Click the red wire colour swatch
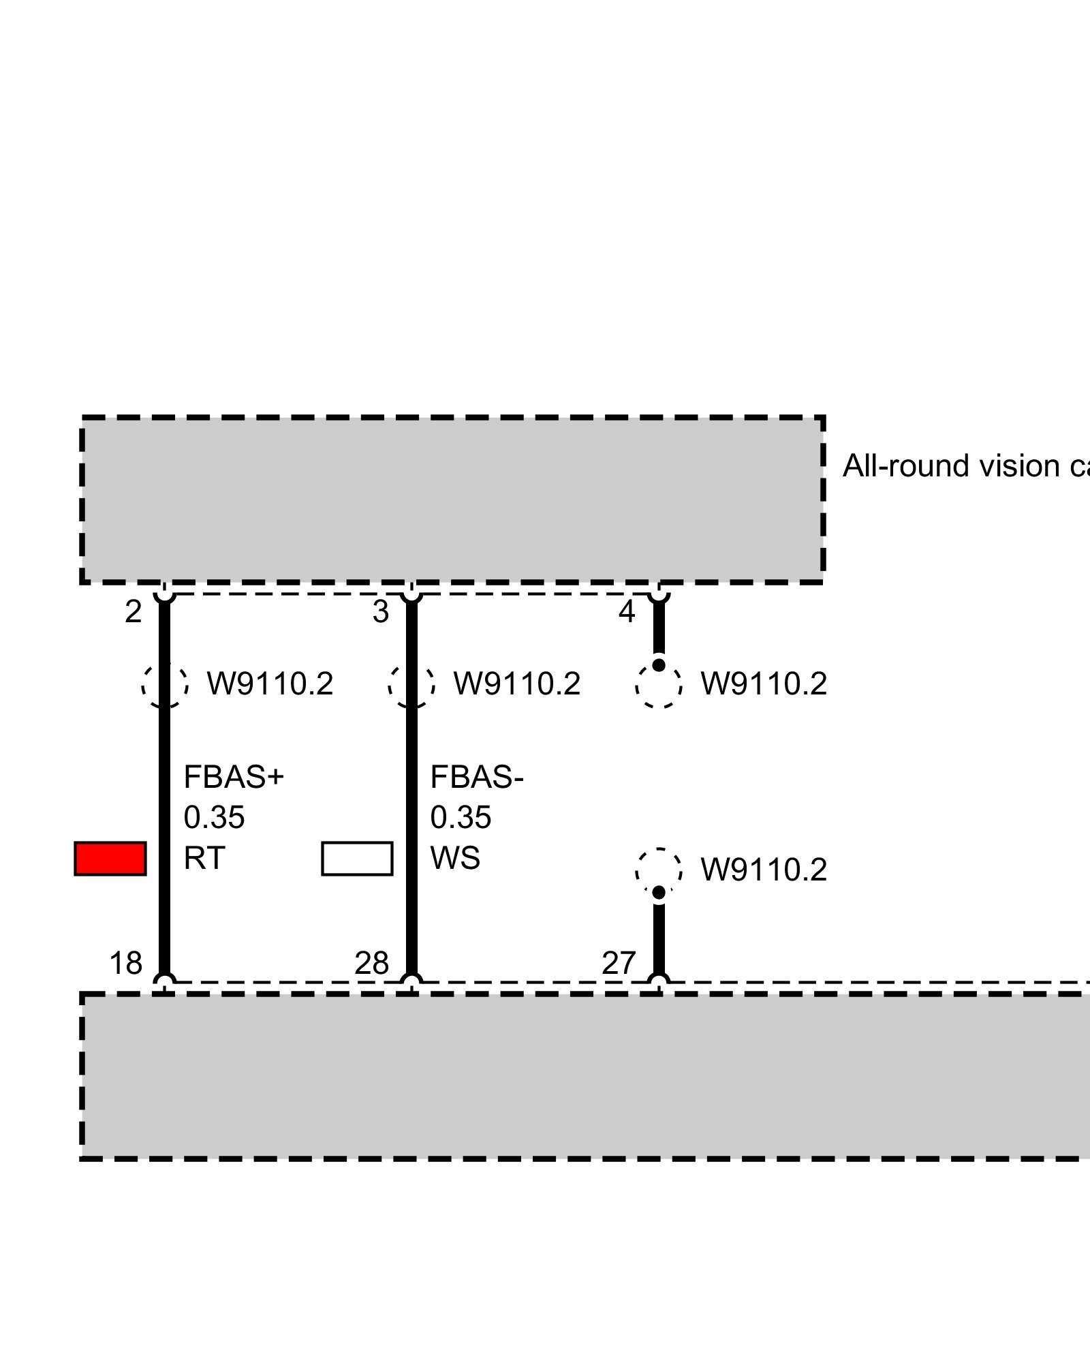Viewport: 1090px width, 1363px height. coord(110,858)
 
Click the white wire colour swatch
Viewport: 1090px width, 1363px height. coord(357,858)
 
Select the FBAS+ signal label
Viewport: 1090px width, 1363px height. coord(234,777)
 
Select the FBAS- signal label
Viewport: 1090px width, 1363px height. coord(477,777)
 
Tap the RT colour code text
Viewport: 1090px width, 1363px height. coord(204,858)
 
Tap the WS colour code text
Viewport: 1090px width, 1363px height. coord(455,858)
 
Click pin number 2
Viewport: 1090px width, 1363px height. coord(133,612)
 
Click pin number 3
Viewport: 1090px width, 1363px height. coord(381,612)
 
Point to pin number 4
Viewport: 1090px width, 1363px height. coord(627,612)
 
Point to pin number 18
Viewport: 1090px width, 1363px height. coord(126,963)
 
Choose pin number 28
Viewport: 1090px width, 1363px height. coord(372,963)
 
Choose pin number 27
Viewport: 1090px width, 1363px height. coord(619,963)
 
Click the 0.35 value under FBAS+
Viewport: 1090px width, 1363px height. coord(214,817)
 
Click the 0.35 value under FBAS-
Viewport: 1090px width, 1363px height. coord(461,817)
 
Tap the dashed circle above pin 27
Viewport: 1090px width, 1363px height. coord(659,870)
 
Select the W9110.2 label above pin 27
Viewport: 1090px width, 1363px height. coord(764,870)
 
